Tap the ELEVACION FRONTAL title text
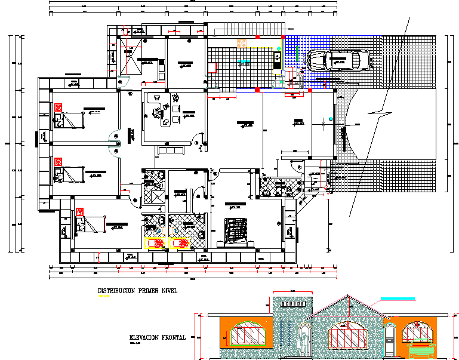coord(158,338)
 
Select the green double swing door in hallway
coord(114,144)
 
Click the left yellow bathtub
coord(155,243)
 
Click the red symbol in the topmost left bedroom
coord(58,107)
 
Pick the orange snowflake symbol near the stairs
coord(242,43)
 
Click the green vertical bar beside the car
coord(297,56)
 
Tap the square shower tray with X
coord(154,195)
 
